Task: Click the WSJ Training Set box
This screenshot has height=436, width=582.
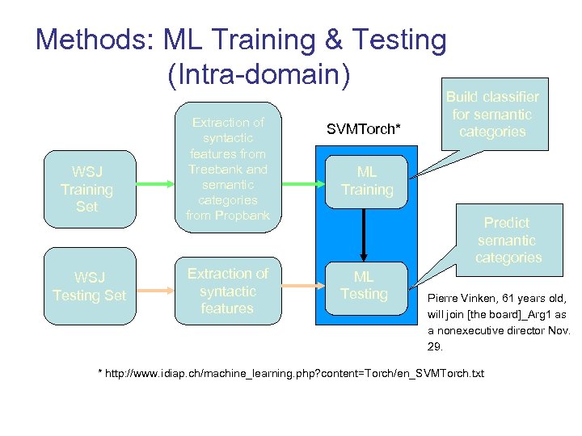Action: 86,190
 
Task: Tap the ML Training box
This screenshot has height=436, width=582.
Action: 366,182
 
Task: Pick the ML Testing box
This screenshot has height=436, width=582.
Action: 364,285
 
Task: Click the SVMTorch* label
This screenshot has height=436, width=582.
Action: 364,129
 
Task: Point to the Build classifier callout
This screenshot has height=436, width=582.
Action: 491,115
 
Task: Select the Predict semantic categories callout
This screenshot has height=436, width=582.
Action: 508,240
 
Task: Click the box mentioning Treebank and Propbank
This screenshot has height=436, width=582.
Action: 227,168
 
